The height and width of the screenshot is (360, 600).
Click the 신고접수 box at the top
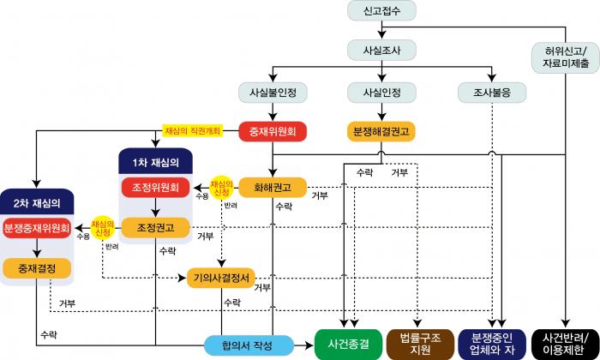pyautogui.click(x=382, y=11)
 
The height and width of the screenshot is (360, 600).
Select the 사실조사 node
pyautogui.click(x=382, y=49)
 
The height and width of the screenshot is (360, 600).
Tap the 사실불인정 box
pyautogui.click(x=273, y=91)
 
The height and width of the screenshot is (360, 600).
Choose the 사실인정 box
pyautogui.click(x=382, y=91)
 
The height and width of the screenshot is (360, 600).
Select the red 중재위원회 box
pyautogui.click(x=273, y=132)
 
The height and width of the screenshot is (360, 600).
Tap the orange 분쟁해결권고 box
pyautogui.click(x=382, y=132)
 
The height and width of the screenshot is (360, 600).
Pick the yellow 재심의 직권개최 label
pyautogui.click(x=193, y=131)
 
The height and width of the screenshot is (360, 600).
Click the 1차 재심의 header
pyautogui.click(x=155, y=162)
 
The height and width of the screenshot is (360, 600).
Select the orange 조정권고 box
pyautogui.click(x=155, y=227)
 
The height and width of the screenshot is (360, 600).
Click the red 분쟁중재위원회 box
pyautogui.click(x=37, y=230)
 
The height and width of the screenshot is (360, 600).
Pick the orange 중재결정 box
pyautogui.click(x=37, y=267)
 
